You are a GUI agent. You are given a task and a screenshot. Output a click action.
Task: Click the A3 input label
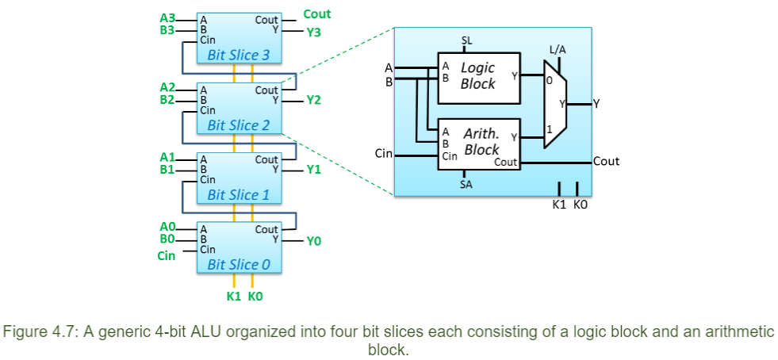(x=167, y=17)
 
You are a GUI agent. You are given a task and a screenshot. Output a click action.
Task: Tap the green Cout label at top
(x=317, y=14)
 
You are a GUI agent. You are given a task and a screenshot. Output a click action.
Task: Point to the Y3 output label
(x=315, y=33)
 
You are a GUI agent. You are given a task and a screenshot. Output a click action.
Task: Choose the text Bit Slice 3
(x=238, y=56)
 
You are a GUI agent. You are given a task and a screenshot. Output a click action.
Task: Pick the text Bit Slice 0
(x=238, y=265)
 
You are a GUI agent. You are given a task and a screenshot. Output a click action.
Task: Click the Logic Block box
(x=479, y=76)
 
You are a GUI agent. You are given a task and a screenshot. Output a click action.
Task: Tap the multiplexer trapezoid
(x=555, y=105)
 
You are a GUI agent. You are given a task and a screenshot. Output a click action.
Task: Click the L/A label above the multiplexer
(x=558, y=50)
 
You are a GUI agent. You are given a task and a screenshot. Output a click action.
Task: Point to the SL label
(x=466, y=40)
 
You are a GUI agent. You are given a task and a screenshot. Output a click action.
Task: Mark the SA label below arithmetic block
(x=466, y=185)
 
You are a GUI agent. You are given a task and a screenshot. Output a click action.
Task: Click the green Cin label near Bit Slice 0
(x=167, y=256)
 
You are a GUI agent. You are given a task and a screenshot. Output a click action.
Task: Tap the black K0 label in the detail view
(x=581, y=205)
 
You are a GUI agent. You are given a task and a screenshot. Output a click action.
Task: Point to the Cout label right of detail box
(x=606, y=161)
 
